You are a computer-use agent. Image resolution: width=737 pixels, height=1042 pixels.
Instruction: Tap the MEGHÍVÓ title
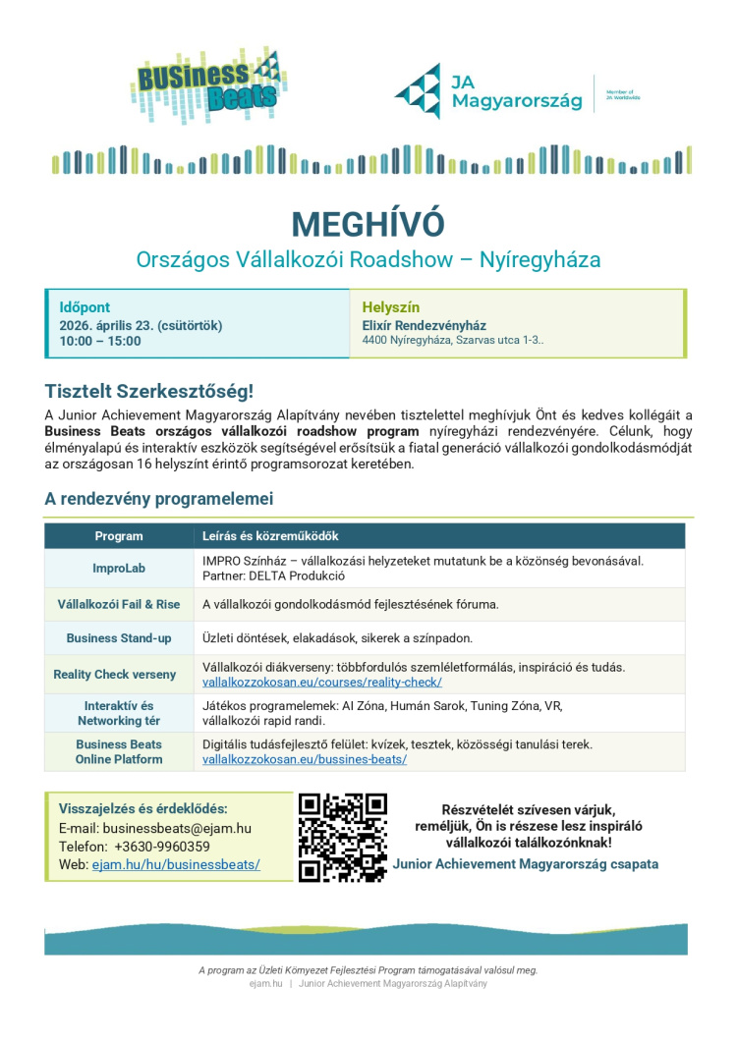(x=368, y=224)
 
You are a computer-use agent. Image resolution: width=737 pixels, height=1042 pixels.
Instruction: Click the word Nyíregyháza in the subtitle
(x=539, y=260)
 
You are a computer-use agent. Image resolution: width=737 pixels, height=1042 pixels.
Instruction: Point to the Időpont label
(x=85, y=307)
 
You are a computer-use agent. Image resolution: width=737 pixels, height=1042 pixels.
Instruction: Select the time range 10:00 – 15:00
(x=100, y=342)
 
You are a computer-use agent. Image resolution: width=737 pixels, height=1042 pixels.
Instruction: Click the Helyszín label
(x=391, y=307)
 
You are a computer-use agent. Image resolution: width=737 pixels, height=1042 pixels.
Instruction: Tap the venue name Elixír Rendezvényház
(x=425, y=325)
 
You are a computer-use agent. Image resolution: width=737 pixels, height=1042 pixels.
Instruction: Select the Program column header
(x=119, y=536)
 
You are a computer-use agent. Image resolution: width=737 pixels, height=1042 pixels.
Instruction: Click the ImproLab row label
(x=119, y=568)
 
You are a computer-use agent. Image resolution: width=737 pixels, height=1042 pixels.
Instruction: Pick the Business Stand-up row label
(x=119, y=638)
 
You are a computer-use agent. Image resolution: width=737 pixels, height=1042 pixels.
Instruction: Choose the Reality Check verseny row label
(x=115, y=675)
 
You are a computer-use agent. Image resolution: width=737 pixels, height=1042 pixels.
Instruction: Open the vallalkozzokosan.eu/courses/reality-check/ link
(x=322, y=682)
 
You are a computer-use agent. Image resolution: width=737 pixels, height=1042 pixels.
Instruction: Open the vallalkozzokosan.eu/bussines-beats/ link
(x=305, y=759)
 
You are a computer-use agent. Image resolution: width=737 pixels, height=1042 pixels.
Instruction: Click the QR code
(x=343, y=837)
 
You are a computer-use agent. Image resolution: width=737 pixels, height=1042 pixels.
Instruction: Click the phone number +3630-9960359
(x=162, y=847)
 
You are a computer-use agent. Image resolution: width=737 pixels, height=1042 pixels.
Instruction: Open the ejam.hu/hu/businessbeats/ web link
(x=176, y=864)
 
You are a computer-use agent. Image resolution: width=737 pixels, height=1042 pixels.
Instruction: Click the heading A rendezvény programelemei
(x=158, y=499)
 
